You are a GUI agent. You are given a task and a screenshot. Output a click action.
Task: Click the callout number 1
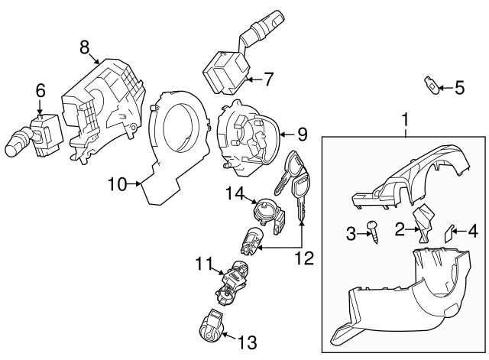405,120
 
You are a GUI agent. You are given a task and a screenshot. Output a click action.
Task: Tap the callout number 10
116,183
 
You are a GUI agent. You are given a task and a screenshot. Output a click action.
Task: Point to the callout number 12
304,258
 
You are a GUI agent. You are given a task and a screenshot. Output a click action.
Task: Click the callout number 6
40,90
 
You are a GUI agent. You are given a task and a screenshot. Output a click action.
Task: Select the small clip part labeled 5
432,85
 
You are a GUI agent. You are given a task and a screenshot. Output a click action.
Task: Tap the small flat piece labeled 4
449,232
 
